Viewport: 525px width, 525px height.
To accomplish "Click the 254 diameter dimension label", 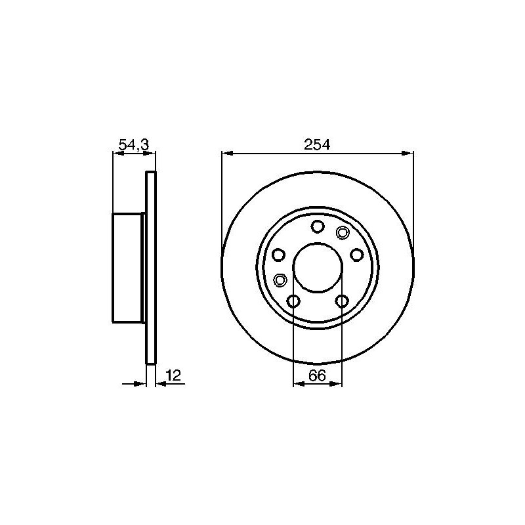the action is tap(317, 144).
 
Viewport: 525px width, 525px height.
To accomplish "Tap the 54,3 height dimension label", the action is tap(134, 144).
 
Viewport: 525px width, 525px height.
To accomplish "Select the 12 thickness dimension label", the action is tap(174, 375).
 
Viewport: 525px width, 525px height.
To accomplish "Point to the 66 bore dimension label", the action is tap(317, 375).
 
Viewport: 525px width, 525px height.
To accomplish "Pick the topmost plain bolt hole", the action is tap(318, 226).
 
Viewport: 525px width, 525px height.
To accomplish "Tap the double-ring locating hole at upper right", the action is tap(342, 233).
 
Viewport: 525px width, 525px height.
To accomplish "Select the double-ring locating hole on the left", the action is tap(280, 280).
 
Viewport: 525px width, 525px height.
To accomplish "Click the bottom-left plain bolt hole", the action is tap(293, 301).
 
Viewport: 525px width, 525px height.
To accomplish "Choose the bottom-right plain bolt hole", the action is tap(342, 301).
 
